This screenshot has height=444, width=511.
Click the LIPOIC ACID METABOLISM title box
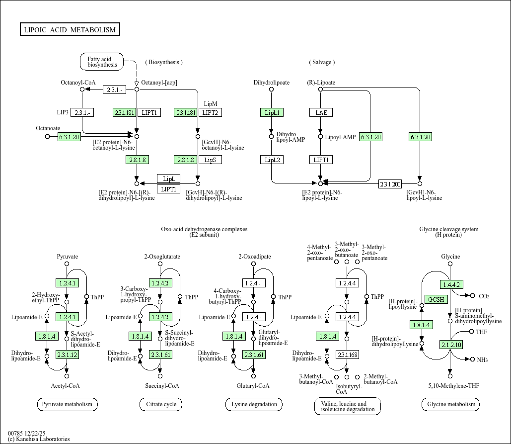point(70,30)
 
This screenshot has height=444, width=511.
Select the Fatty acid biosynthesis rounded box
point(102,62)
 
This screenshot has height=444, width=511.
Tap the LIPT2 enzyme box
point(211,112)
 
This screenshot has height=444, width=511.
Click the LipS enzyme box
point(211,160)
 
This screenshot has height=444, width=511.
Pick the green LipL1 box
point(272,112)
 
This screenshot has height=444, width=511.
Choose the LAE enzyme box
point(321,112)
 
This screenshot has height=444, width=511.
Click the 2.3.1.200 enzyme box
point(390,184)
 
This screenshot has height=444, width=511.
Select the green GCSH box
point(437,299)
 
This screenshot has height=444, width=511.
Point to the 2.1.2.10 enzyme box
point(451,345)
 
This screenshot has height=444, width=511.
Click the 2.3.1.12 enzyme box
point(67,355)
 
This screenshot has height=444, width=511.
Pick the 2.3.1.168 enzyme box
point(348,355)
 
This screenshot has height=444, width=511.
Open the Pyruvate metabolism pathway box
point(67,404)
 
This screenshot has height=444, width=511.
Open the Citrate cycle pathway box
point(161,404)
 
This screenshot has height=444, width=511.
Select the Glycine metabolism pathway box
point(451,404)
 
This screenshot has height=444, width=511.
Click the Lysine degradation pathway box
point(254,404)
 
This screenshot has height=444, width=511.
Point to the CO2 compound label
point(484,296)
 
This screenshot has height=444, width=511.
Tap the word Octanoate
point(48,128)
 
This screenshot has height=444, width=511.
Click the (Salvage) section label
point(322,62)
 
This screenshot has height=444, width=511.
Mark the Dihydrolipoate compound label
point(271,83)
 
